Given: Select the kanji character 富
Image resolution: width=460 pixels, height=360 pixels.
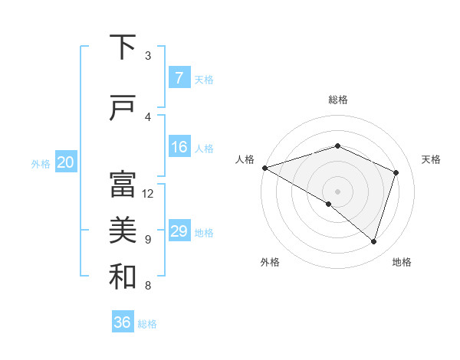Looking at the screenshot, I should [x=123, y=185].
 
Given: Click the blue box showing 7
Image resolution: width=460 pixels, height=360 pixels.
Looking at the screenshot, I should [x=179, y=77].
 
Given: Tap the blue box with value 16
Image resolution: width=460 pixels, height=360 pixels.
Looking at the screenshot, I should [x=179, y=147].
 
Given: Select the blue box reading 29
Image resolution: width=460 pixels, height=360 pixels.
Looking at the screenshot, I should [x=179, y=231].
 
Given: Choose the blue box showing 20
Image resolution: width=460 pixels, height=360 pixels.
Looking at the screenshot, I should [x=66, y=162].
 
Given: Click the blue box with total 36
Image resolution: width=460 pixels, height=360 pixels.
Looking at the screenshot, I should [x=123, y=322].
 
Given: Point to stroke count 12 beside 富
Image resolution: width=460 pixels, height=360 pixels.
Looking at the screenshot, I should [x=148, y=193].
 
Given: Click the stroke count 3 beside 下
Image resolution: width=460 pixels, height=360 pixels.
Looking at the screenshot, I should [x=148, y=55].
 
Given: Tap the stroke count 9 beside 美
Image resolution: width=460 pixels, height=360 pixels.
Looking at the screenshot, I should [x=148, y=240].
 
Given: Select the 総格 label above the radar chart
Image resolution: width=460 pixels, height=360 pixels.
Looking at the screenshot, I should [x=337, y=100].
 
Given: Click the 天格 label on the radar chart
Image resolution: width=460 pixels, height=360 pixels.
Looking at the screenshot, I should [x=431, y=159].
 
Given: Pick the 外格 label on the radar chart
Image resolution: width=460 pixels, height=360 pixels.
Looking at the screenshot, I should [x=270, y=262].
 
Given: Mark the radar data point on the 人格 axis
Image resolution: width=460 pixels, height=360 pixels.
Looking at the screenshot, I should [x=264, y=168].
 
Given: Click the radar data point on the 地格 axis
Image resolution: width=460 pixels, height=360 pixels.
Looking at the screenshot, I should [x=373, y=241].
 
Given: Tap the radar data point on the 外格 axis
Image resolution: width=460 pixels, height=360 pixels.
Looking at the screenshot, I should [x=329, y=204].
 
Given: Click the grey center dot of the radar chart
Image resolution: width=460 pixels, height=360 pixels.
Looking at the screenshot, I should [x=337, y=191].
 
